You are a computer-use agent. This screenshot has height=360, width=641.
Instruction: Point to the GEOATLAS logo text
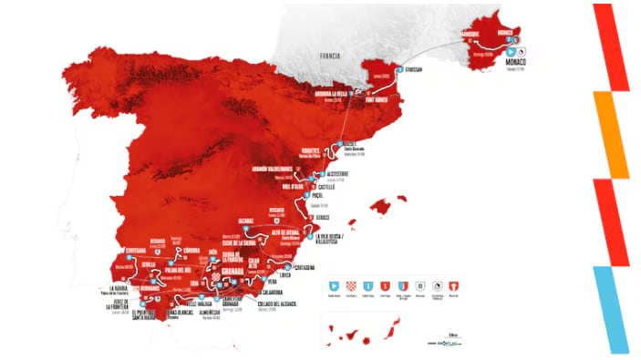point(444,343)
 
